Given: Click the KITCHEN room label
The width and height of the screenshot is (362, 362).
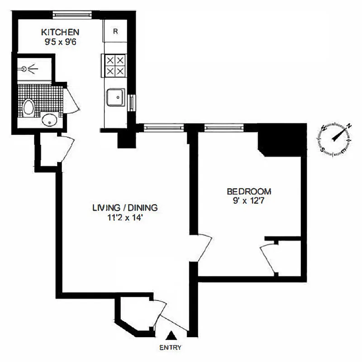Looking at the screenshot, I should coord(61,32).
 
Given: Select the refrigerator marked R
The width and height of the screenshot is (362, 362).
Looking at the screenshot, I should coord(115,32).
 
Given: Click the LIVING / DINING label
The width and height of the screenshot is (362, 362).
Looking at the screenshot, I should coord(124,208).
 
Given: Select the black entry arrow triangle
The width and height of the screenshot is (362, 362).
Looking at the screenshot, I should coord(171,336).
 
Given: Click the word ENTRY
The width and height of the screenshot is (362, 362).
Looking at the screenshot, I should coord(171,348).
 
